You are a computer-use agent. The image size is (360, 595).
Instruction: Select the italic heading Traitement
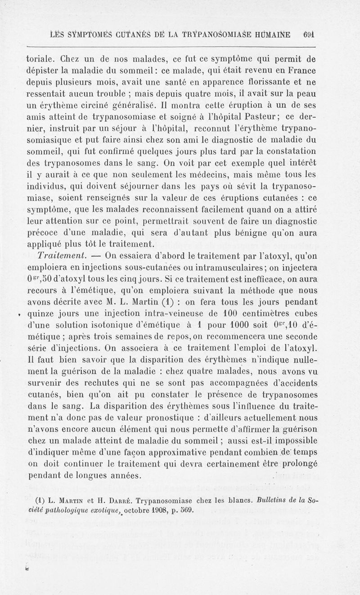(60, 256)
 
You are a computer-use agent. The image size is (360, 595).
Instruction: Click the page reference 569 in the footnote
(184, 510)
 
